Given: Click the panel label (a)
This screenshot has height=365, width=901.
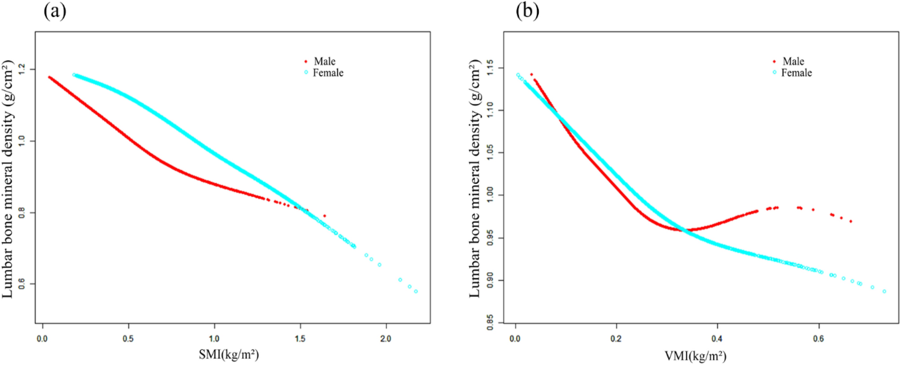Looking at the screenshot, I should click(x=55, y=11).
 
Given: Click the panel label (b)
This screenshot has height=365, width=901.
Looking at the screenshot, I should click(x=527, y=11).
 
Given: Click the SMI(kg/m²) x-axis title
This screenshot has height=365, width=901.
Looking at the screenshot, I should click(x=229, y=355).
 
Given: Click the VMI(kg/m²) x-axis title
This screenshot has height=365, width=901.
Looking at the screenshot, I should click(x=695, y=356).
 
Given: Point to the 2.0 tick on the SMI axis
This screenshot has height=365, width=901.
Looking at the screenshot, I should click(x=386, y=339).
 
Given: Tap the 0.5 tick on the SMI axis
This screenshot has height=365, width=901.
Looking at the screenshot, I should click(x=128, y=339).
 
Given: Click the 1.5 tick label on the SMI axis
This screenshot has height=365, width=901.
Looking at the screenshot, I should click(x=300, y=339).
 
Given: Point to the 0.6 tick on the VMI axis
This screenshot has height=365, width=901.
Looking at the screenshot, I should click(x=818, y=339).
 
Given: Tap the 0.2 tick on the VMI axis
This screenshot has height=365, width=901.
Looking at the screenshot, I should click(x=616, y=339).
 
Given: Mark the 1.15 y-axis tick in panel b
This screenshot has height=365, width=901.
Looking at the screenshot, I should click(x=490, y=68).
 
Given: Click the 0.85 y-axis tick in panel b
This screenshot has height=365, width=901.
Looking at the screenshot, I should click(x=490, y=322).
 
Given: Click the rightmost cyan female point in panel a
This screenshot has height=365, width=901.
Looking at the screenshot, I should click(x=416, y=291).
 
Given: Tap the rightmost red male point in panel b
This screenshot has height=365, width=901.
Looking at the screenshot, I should click(x=851, y=221).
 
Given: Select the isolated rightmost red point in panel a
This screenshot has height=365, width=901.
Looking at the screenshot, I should click(x=325, y=216).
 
